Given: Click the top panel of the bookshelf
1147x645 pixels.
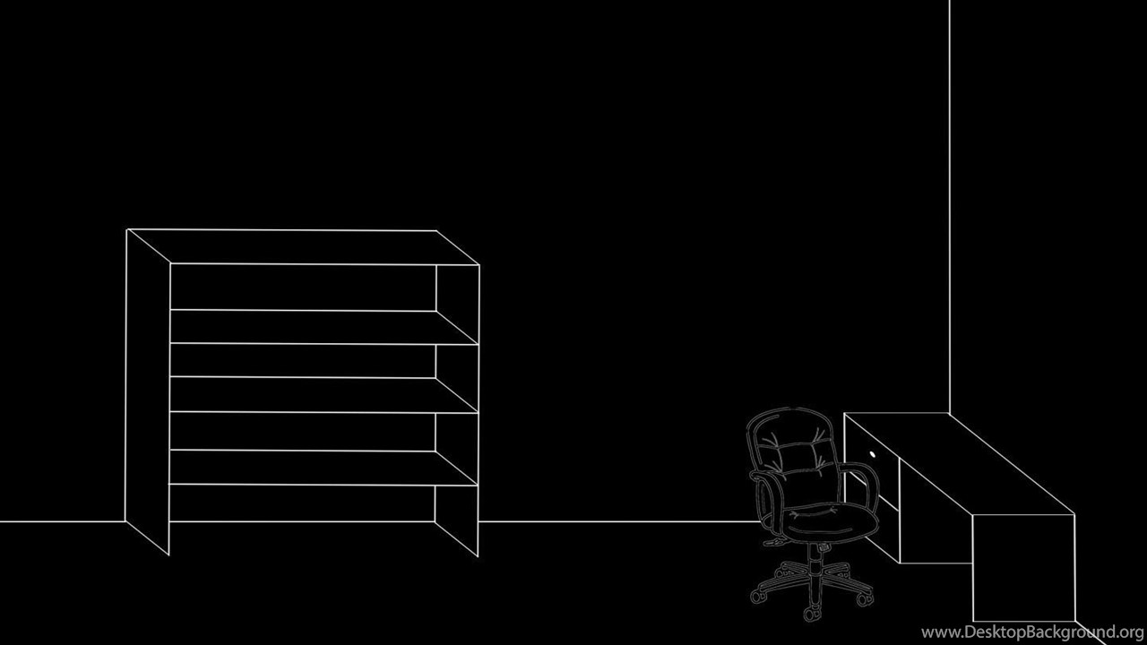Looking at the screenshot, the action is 303,247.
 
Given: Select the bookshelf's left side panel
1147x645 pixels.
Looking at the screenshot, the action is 148,391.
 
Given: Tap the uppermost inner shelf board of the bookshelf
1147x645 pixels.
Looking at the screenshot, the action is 323,327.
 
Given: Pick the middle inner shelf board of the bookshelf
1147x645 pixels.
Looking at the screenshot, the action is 323,395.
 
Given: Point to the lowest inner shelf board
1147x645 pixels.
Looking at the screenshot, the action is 323,468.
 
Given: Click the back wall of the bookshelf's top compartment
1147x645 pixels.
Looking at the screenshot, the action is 303,287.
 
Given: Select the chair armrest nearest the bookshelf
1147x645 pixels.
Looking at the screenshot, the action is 767,499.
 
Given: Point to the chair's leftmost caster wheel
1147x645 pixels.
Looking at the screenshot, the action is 756,597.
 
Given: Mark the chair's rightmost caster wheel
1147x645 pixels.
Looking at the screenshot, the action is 865,598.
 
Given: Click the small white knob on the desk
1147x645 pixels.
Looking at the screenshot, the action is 873,454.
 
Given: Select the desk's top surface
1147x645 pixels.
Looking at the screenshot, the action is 959,463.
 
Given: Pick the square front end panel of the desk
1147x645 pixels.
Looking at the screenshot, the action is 1023,568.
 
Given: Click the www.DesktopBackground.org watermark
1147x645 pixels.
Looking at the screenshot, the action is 1032,632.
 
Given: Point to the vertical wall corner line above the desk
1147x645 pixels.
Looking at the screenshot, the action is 949,206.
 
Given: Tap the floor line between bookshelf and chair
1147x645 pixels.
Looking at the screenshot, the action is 618,521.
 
